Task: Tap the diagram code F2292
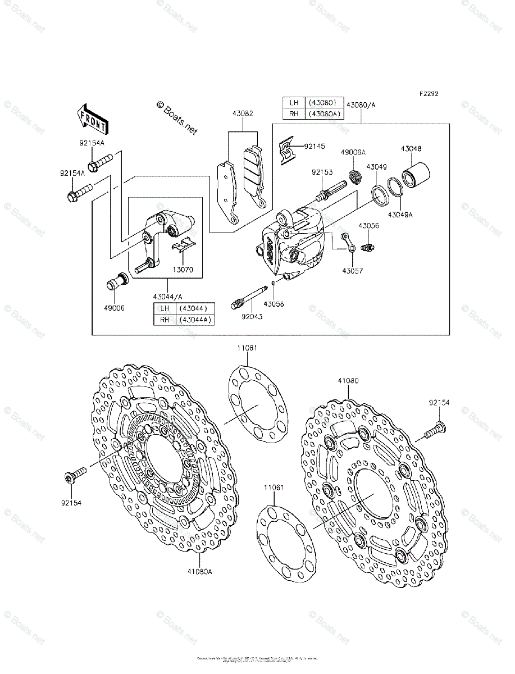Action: pyautogui.click(x=428, y=94)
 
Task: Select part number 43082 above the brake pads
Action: pyautogui.click(x=243, y=113)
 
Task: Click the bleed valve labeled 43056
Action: pyautogui.click(x=368, y=246)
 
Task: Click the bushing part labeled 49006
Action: pyautogui.click(x=116, y=281)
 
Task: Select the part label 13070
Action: pyautogui.click(x=183, y=270)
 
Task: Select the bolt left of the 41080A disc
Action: pyautogui.click(x=75, y=476)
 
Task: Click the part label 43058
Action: pyautogui.click(x=275, y=303)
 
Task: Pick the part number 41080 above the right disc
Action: pyautogui.click(x=348, y=381)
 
